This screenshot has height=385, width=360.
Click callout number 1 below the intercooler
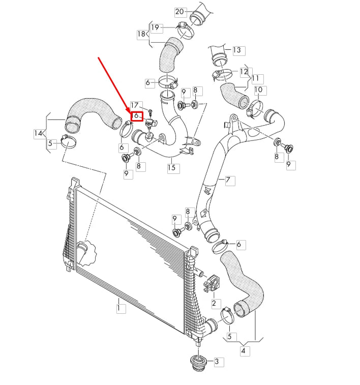coord(120,308)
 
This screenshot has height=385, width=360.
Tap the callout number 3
coord(217,362)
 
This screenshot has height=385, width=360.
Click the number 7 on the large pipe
coord(228,180)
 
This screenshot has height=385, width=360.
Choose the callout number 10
coord(258,90)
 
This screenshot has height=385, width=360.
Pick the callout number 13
coord(237,50)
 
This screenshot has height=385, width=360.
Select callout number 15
coord(173,167)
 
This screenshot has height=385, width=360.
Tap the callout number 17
coord(135,105)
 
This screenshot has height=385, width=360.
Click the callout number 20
coord(179,11)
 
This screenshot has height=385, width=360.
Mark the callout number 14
coord(39,134)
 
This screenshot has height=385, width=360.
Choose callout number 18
coord(141,34)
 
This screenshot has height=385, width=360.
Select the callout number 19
coord(155,27)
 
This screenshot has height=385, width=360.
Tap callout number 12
coord(244,72)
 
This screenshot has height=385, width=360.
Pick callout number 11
coord(255,78)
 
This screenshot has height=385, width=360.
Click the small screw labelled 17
coord(151,110)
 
